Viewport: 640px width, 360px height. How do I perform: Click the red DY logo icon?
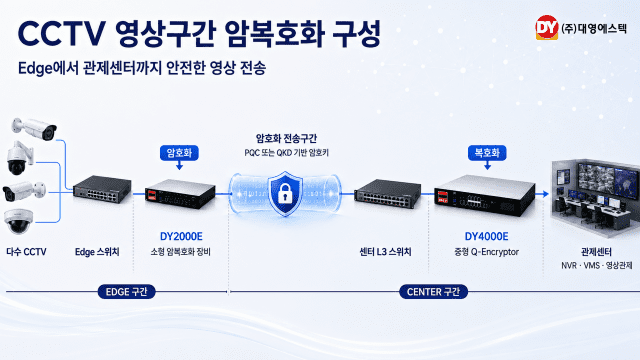(x=547, y=28)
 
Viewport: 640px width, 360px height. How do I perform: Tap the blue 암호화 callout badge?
(x=179, y=153)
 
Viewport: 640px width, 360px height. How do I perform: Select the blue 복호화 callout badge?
(x=487, y=153)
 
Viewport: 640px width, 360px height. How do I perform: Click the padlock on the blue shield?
(x=285, y=194)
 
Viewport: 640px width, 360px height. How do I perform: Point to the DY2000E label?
(x=181, y=236)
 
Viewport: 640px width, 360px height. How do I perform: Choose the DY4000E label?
(x=487, y=236)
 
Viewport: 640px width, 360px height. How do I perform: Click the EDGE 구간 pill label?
(x=127, y=292)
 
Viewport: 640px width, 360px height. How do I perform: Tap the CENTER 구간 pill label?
(x=433, y=292)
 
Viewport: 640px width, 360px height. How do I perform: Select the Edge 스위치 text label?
(x=97, y=252)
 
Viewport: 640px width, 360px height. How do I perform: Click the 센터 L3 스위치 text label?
(x=385, y=252)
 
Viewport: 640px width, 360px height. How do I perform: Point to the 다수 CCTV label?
(x=26, y=252)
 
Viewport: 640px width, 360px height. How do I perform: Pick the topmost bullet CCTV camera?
(x=34, y=129)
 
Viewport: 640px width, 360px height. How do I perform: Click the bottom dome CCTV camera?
(x=18, y=222)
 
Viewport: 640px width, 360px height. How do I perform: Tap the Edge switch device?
(x=102, y=189)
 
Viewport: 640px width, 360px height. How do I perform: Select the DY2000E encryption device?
(x=180, y=194)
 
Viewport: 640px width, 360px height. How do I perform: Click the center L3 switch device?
(x=388, y=193)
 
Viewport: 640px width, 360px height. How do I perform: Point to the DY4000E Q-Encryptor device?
(x=484, y=196)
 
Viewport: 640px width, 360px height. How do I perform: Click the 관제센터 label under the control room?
(x=596, y=252)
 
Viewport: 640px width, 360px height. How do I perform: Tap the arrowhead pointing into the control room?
(x=545, y=194)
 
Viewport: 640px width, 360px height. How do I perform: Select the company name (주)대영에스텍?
(x=594, y=28)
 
